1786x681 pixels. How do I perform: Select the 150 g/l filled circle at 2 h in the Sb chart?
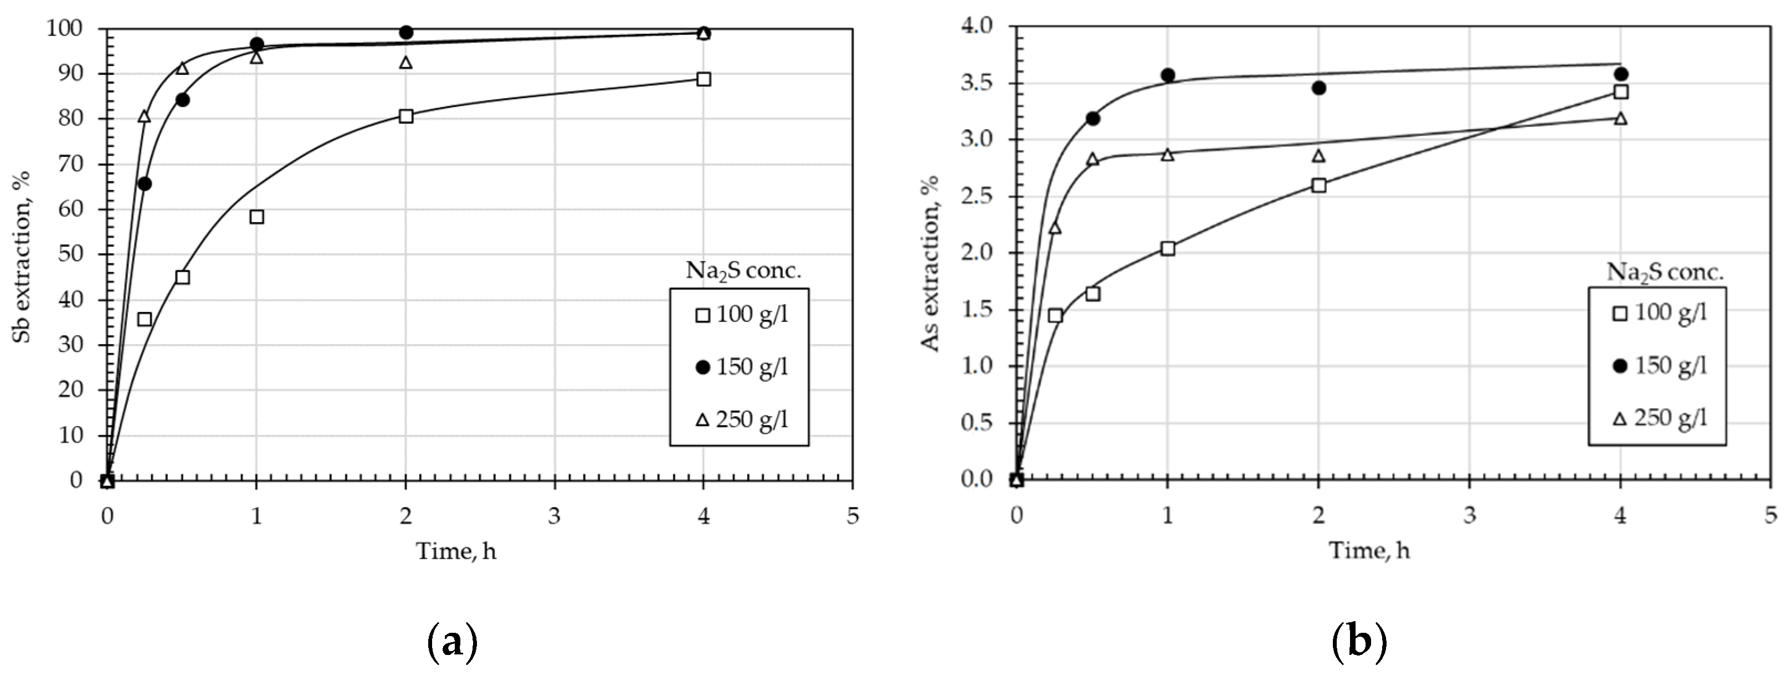(x=406, y=32)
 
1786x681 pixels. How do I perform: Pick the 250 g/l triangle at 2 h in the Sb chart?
(x=406, y=63)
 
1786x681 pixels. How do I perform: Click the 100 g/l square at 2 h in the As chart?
(x=1318, y=185)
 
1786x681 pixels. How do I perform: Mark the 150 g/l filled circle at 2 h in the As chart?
(x=1318, y=88)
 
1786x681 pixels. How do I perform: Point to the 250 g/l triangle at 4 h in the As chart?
(x=1620, y=118)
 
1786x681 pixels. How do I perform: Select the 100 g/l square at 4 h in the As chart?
(x=1620, y=91)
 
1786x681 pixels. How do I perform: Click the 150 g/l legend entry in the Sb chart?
(x=741, y=367)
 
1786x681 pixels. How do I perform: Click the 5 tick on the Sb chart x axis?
(x=852, y=516)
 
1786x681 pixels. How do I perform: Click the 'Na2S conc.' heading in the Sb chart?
(x=743, y=270)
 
